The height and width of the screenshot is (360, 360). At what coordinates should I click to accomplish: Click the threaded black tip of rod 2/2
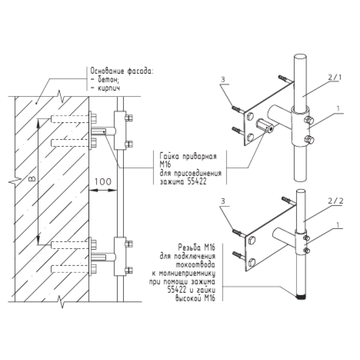click(x=300, y=298)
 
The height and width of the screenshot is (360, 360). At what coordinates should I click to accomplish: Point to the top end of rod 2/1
click(x=300, y=58)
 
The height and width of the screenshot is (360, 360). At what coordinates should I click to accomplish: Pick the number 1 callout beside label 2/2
click(x=337, y=224)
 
